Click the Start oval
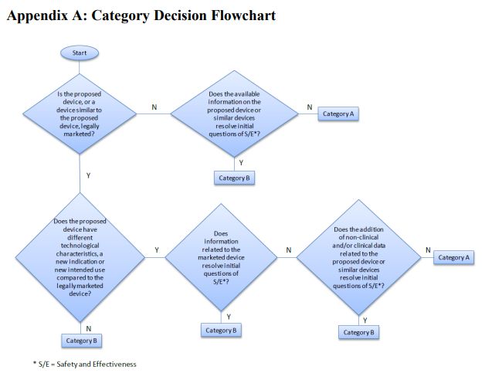point(80,53)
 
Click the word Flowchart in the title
point(243,15)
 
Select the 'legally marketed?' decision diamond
point(80,114)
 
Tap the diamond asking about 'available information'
point(234,114)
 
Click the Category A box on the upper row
point(338,114)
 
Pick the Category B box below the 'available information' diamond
point(234,178)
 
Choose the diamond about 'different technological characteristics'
point(80,257)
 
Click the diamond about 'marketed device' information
point(221,257)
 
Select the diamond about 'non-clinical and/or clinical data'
point(359,257)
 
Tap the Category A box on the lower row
point(453,257)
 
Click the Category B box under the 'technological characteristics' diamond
point(81,341)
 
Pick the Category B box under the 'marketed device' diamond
point(221,331)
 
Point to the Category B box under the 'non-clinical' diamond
point(358,333)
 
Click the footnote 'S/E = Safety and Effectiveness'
point(85,365)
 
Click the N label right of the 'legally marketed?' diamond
point(154,107)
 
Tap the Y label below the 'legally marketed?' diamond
point(89,175)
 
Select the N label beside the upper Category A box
point(310,107)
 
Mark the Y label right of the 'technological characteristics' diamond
point(157,250)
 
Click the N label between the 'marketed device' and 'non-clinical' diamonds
point(289,250)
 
